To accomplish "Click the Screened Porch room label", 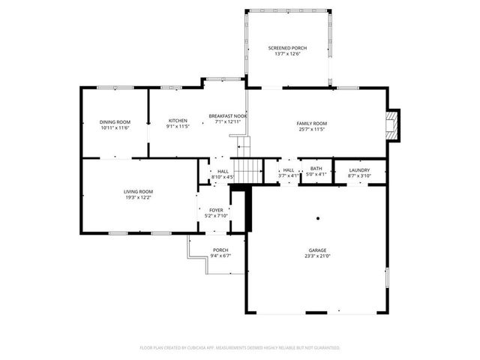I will [288, 48].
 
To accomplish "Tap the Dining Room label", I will [115, 121].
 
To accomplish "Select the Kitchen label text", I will [178, 121].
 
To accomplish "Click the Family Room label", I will [312, 122].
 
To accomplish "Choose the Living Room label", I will [138, 191].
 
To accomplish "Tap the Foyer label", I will [216, 210].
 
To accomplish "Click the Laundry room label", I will [359, 170].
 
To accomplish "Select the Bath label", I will [316, 169].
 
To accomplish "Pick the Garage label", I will [316, 250].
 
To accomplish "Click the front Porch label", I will [220, 250].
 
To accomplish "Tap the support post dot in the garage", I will [318, 219].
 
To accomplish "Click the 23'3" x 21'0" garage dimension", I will [316, 256].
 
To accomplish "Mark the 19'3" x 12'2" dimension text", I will [138, 197].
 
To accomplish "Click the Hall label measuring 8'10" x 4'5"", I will [223, 171].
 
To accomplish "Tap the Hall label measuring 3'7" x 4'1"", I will [288, 170].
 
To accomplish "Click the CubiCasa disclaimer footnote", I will [240, 348].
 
